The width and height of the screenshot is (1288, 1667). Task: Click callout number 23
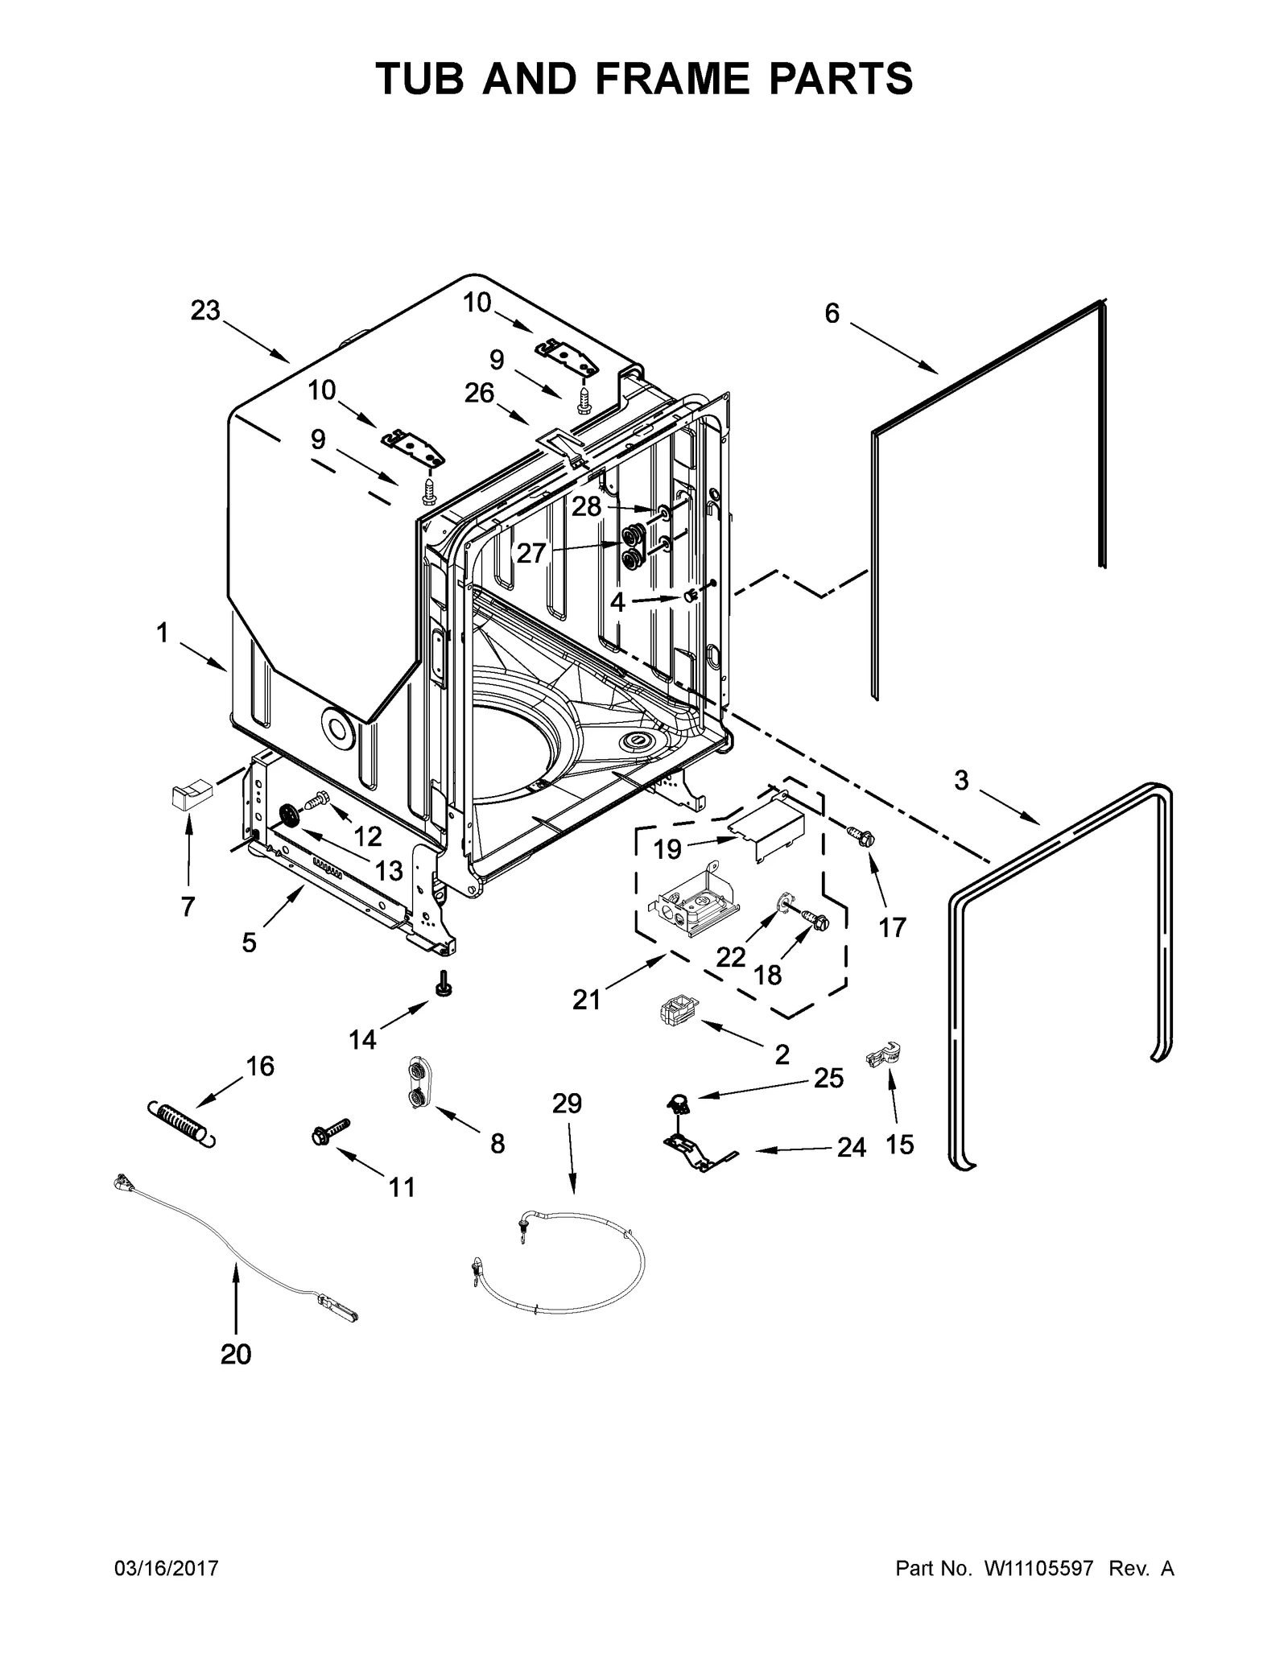205,310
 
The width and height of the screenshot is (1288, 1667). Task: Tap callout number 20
236,1355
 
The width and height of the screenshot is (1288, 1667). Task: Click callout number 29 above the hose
567,1104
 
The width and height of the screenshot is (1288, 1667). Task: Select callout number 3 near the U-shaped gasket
961,780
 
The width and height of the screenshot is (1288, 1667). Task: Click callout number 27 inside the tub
531,554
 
